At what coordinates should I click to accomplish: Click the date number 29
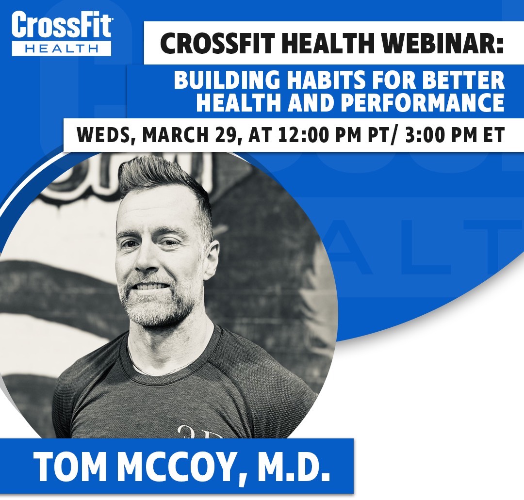(227, 135)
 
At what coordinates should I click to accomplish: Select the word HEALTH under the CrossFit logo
(62, 47)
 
